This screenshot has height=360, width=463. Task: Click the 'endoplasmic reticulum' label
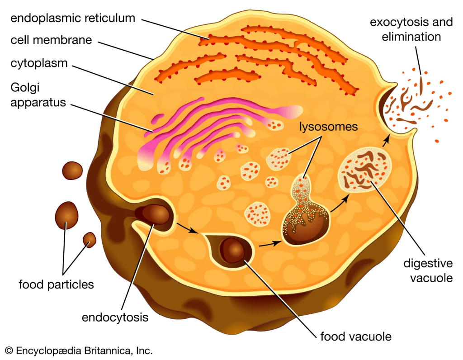pyautogui.click(x=73, y=18)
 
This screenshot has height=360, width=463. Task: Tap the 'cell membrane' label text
pyautogui.click(x=52, y=40)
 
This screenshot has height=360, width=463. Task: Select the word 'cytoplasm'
pyautogui.click(x=39, y=63)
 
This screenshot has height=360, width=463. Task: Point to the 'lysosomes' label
pyautogui.click(x=328, y=127)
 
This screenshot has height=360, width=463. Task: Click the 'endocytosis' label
pyautogui.click(x=115, y=317)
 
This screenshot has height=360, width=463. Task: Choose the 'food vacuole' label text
pyautogui.click(x=356, y=336)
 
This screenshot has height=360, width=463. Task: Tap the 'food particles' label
pyautogui.click(x=57, y=284)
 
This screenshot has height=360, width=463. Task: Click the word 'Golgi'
pyautogui.click(x=25, y=88)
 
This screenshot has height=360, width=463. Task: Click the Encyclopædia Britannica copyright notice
pyautogui.click(x=79, y=351)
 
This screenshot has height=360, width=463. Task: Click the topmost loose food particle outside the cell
pyautogui.click(x=72, y=171)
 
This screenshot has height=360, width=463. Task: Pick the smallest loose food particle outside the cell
pyautogui.click(x=90, y=240)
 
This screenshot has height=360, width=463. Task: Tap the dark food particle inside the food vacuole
pyautogui.click(x=233, y=251)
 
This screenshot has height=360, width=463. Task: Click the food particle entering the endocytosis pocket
pyautogui.click(x=155, y=214)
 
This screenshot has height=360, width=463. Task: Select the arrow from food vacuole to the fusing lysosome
pyautogui.click(x=270, y=244)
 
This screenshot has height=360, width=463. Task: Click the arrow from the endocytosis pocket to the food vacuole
pyautogui.click(x=188, y=228)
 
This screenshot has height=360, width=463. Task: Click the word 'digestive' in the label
pyautogui.click(x=428, y=263)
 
